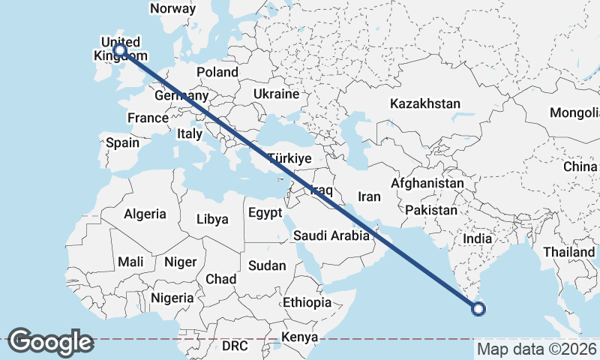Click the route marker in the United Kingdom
coord(118,50)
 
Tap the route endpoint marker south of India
coord(478,307)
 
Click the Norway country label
coord(173,9)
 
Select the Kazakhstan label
coord(424,103)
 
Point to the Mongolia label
coord(574,113)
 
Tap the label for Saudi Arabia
coord(331,235)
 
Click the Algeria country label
coord(145,214)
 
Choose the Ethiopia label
coord(307,302)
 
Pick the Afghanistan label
coord(427,183)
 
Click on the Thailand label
coord(569,252)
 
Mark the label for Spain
coord(122,142)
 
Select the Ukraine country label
coord(276,94)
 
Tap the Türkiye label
coord(289,159)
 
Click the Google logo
coord(50,342)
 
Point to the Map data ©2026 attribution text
coord(536,349)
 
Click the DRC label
coord(235,346)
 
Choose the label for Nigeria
coord(172,298)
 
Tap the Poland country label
coord(217,72)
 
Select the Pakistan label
coord(430,211)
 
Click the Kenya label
coord(300,337)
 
